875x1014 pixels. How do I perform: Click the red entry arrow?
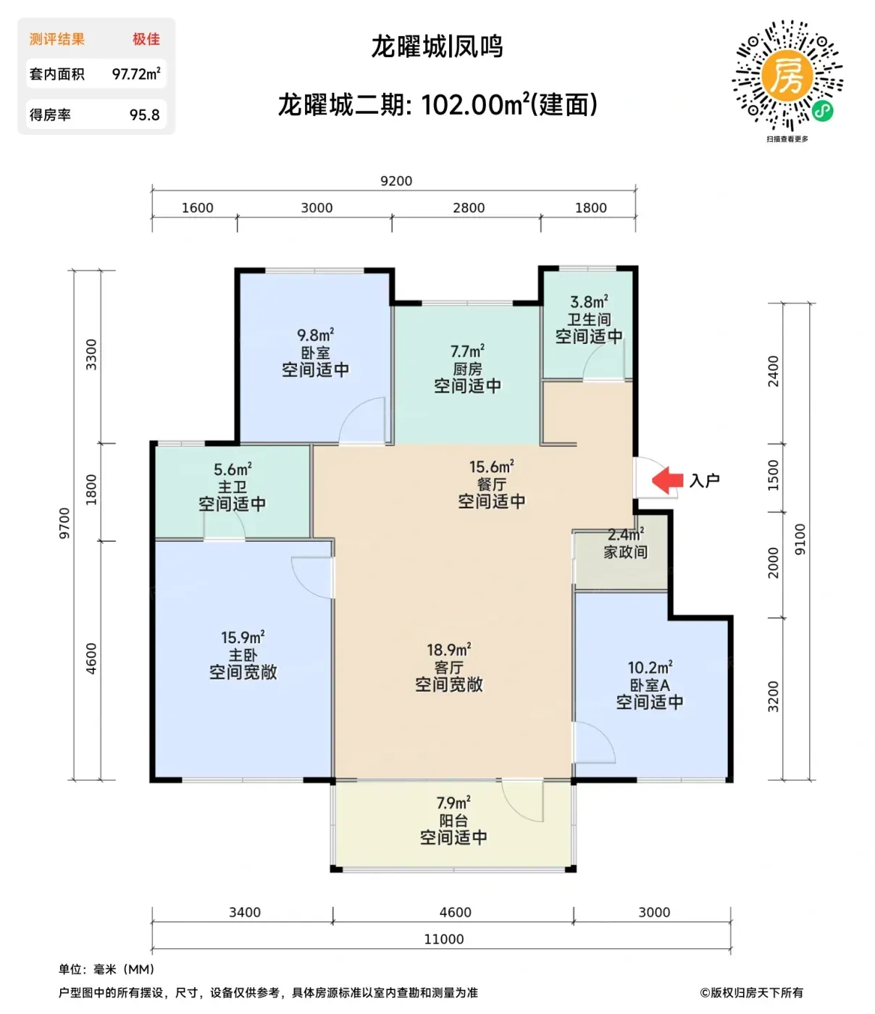click(x=667, y=479)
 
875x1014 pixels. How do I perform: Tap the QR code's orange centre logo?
click(x=787, y=75)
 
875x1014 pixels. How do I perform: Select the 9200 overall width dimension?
click(x=396, y=181)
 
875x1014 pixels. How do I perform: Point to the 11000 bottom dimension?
click(x=443, y=939)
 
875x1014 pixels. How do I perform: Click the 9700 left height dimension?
click(x=64, y=524)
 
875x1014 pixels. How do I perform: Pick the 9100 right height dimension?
click(x=800, y=539)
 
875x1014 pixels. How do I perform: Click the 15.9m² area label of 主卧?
click(x=243, y=637)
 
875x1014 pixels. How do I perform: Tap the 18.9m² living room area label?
click(x=448, y=650)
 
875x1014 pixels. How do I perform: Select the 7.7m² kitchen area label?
click(x=467, y=351)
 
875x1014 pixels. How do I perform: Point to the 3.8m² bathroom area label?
click(x=589, y=302)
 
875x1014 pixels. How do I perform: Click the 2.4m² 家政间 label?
click(x=626, y=534)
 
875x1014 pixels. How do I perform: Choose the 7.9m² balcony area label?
click(x=453, y=803)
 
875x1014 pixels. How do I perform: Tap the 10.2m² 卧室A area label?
click(x=650, y=667)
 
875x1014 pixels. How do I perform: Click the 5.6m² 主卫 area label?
click(x=233, y=469)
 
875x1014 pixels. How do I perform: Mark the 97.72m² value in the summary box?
click(x=136, y=74)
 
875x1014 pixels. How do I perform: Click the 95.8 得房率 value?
click(x=145, y=114)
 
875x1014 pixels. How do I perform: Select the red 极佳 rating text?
click(x=146, y=39)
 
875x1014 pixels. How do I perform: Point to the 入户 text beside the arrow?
click(x=704, y=480)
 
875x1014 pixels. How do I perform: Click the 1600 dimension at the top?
click(x=197, y=208)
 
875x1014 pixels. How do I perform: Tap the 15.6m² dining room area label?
click(x=492, y=466)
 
